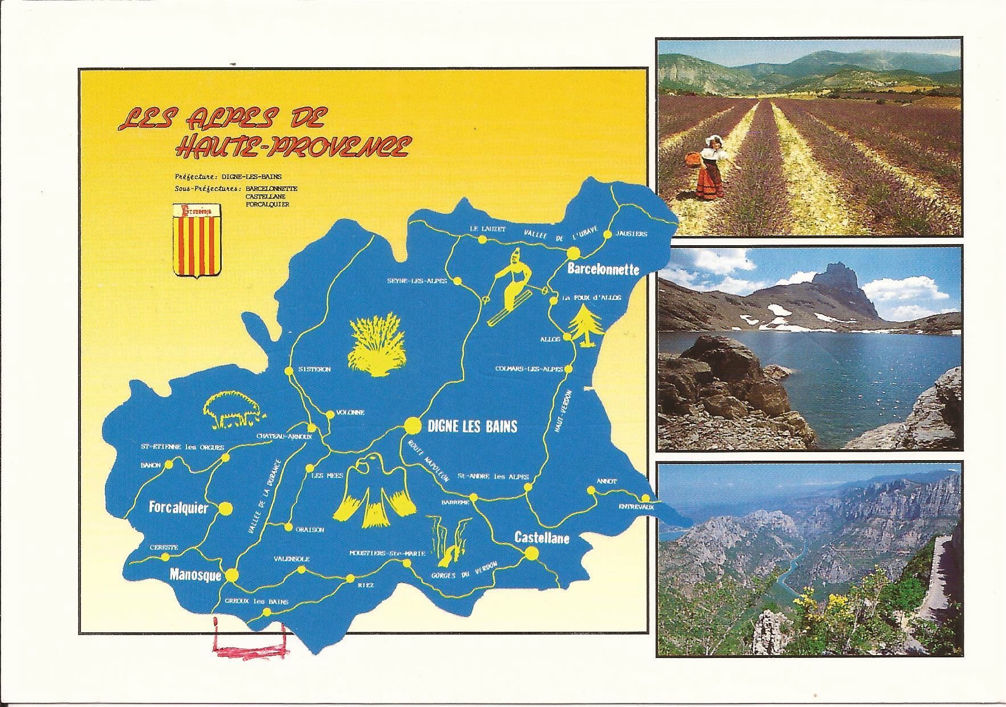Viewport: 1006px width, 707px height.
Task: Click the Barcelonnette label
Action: pos(602,270)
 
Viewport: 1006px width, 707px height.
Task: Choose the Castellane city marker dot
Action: pos(532,553)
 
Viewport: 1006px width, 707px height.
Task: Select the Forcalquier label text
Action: pos(178,507)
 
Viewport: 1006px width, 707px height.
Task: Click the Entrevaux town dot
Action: pos(644,497)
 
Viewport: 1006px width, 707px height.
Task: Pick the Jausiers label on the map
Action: pos(631,234)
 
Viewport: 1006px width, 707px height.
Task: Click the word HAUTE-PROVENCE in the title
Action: pos(292,147)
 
